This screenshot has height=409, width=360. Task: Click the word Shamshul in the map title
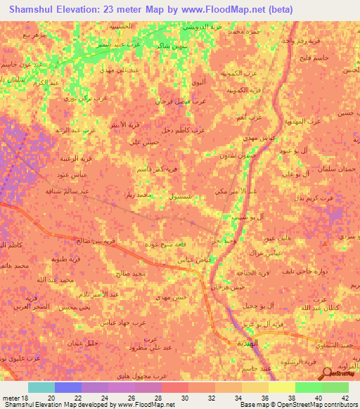tap(33, 9)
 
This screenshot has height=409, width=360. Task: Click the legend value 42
tap(345, 397)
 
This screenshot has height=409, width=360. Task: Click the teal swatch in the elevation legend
tap(41, 387)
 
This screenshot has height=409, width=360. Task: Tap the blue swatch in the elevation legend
tap(68, 387)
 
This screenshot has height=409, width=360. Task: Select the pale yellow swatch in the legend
tap(281, 387)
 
